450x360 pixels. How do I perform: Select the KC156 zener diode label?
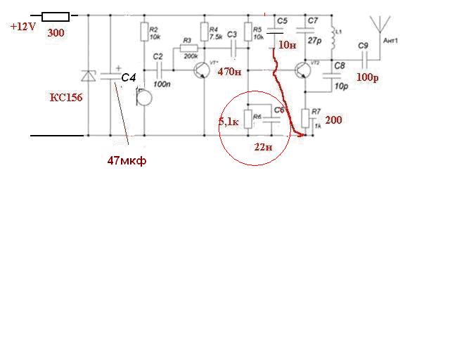pos(66,98)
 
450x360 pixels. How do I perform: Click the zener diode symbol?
pos(88,76)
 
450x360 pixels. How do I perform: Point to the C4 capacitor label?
pos(127,77)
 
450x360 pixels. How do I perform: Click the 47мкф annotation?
pos(127,160)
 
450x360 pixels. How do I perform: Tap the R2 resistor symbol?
pos(143,32)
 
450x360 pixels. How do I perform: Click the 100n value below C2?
pos(161,84)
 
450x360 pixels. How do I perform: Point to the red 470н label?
pos(230,72)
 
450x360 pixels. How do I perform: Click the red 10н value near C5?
pos(287,44)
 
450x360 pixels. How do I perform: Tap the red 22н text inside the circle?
pos(262,148)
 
